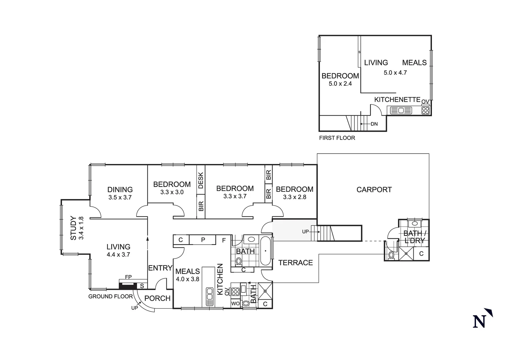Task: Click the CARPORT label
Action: coord(374,190)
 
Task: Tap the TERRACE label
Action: coord(296,263)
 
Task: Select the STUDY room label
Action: coord(73,228)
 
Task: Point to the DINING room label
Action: coord(120,190)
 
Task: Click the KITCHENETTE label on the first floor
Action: coord(397,100)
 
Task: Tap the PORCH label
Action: coord(157,298)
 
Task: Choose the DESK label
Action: coord(201,180)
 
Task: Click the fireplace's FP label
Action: coord(128,277)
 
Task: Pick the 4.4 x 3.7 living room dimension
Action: coord(118,255)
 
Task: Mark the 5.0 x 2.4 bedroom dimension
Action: coord(340,84)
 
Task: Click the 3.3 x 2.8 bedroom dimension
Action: coord(295,197)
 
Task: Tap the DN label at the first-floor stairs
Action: coord(374,124)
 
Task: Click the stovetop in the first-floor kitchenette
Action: coord(426,110)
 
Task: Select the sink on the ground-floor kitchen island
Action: coord(209,296)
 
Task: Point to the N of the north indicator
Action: coord(480,322)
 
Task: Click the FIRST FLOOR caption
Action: coord(337,138)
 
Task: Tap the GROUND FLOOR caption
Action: coord(110,297)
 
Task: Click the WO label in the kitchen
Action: coord(235,304)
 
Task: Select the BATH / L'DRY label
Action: coord(414,237)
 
